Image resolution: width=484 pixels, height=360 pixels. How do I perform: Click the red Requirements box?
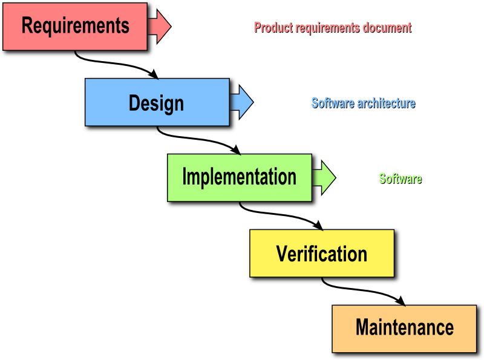75,27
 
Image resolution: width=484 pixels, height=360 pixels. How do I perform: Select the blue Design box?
157,102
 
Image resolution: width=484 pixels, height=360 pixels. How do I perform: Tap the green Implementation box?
240,177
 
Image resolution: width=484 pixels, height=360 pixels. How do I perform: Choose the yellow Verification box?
322,253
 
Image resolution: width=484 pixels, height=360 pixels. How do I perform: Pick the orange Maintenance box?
404,329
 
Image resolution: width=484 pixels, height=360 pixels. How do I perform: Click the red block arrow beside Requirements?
159,27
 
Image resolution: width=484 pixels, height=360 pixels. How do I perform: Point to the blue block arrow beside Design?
241,102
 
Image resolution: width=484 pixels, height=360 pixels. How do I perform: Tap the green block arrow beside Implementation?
324,177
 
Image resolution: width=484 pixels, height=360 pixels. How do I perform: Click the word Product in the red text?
273,27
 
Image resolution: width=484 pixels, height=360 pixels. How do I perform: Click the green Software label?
401,178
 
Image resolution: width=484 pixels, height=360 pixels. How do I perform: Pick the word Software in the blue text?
333,103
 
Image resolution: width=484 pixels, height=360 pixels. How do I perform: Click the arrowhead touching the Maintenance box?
401,301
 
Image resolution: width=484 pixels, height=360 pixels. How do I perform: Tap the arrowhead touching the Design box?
154,74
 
